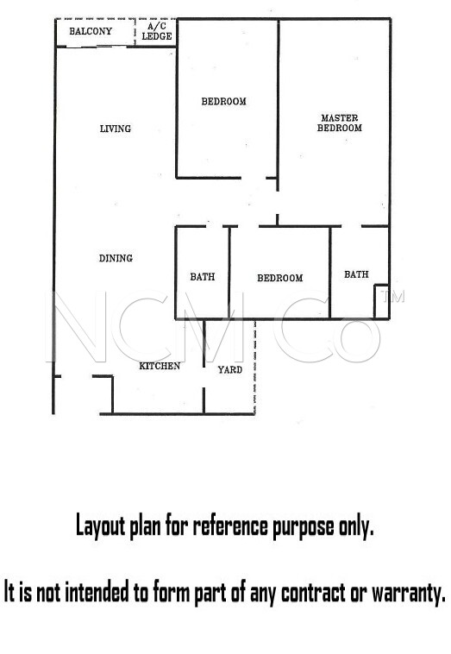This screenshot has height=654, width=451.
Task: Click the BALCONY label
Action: [x=91, y=31]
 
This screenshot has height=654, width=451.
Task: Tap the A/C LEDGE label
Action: [x=157, y=31]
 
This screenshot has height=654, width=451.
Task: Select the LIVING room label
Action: [x=116, y=129]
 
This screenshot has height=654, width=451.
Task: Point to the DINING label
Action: [x=116, y=258]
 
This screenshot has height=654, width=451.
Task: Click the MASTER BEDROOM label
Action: [x=339, y=123]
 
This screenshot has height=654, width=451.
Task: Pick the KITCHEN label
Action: [x=160, y=366]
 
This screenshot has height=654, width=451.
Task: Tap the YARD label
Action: [x=230, y=369]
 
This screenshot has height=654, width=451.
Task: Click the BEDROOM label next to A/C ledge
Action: [x=224, y=101]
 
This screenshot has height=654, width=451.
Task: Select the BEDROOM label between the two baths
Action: [x=280, y=278]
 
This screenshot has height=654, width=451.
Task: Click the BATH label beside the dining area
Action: [x=203, y=277]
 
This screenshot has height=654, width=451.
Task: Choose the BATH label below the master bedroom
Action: [x=356, y=274]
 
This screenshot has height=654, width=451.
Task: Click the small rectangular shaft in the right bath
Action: [x=381, y=302]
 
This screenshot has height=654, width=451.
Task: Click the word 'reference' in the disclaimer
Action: [x=231, y=526]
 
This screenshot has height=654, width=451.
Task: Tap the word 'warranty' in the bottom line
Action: [x=409, y=592]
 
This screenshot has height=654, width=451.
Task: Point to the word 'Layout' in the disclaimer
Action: [x=100, y=526]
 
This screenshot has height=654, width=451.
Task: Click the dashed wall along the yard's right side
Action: [x=254, y=367]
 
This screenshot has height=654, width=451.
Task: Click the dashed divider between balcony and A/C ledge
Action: [x=135, y=32]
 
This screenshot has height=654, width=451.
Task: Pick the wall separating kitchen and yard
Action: [x=204, y=367]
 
